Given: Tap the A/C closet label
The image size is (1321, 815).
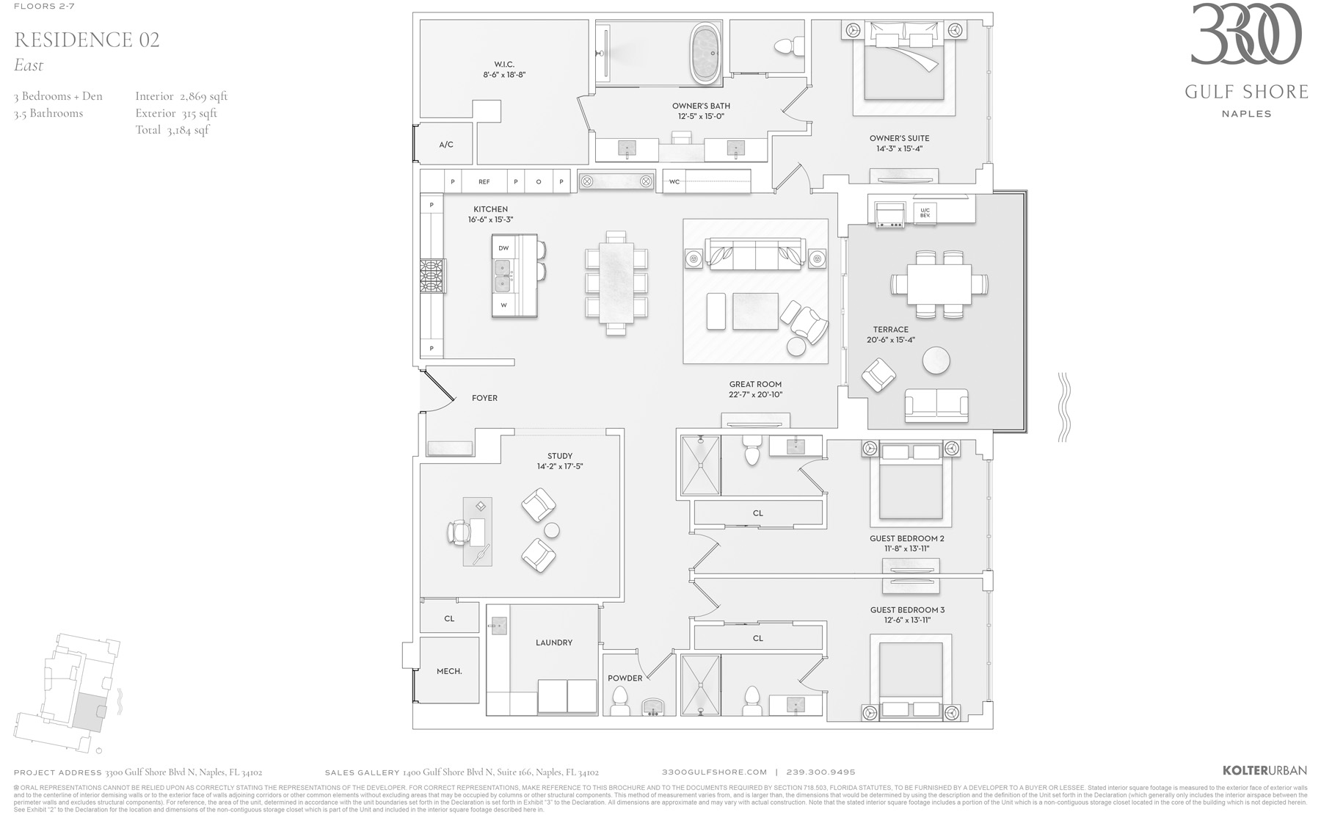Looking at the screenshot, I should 446,145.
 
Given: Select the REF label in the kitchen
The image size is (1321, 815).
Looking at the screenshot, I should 484,181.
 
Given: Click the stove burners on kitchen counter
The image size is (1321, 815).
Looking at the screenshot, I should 432,276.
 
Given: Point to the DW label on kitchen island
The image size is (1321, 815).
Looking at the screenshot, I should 503,248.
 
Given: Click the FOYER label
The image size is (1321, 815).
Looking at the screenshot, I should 484,398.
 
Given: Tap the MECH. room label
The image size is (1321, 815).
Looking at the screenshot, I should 449,671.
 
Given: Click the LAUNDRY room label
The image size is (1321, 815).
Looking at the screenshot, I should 554,642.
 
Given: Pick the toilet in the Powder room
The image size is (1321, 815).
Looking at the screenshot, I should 620,701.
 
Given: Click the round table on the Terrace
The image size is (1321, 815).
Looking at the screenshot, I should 936,361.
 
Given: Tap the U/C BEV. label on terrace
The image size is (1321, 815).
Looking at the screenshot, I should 925,213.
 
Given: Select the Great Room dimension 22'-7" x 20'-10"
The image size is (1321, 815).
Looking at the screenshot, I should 755,394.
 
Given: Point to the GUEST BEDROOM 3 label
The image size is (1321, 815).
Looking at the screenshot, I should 907,610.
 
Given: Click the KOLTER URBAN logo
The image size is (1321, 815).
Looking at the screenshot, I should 1264,770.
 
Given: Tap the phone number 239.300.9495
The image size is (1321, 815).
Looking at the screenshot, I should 820,772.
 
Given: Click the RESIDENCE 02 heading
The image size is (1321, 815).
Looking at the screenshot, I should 87,40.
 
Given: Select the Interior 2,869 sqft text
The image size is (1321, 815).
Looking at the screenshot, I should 181,96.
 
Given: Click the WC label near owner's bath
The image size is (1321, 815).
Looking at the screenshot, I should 674,182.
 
